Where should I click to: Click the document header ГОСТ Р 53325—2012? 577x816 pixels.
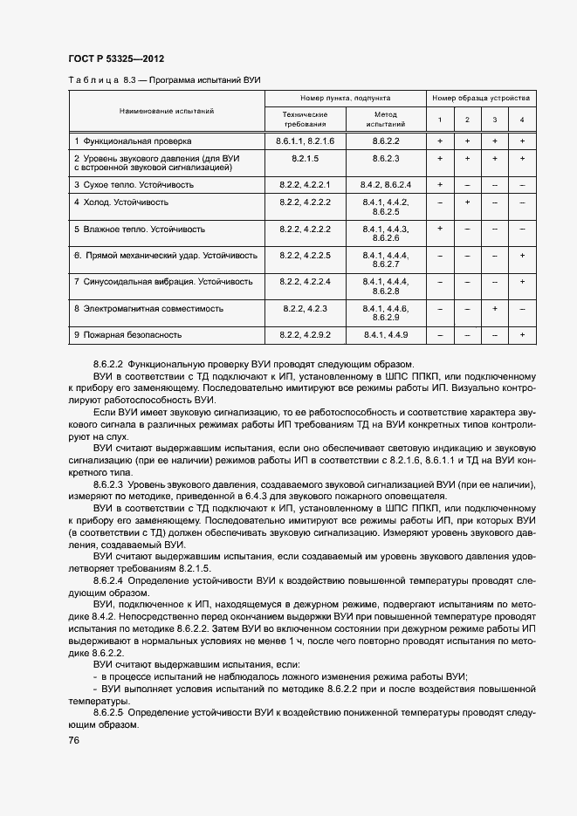[115, 58]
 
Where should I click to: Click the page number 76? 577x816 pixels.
[73, 740]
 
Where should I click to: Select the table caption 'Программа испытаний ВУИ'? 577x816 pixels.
[206, 80]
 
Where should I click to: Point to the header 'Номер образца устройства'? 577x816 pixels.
[480, 99]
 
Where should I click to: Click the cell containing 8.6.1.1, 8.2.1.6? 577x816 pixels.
[305, 141]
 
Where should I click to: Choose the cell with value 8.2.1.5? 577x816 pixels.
[305, 158]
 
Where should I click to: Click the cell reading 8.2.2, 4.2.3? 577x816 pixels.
[305, 309]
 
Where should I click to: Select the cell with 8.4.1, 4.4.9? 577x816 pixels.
[386, 334]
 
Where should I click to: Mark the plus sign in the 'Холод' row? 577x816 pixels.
[467, 202]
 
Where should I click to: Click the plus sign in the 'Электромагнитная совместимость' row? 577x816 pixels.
[494, 309]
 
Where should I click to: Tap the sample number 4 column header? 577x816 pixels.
[522, 120]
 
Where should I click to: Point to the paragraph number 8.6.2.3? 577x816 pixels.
[111, 483]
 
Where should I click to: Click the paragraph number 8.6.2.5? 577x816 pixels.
[111, 712]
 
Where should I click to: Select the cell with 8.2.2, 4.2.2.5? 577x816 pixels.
[305, 256]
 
